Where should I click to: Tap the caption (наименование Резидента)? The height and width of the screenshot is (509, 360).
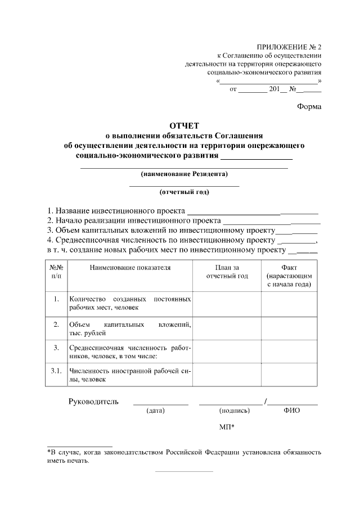tap(184, 174)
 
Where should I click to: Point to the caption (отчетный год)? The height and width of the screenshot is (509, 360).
tap(184, 192)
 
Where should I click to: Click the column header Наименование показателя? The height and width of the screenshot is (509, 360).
tap(130, 268)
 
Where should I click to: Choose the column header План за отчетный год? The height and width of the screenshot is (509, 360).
tap(227, 272)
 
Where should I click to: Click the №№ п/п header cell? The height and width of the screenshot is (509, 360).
tap(56, 272)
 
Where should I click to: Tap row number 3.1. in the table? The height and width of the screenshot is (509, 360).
tap(56, 371)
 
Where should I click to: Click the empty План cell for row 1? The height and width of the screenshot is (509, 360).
tap(227, 303)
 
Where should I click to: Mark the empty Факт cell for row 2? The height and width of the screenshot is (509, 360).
tap(289, 328)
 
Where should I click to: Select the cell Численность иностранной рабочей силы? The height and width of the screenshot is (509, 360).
tap(130, 375)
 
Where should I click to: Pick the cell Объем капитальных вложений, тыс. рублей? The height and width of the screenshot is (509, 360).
tap(130, 328)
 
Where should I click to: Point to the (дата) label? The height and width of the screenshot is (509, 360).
tap(155, 411)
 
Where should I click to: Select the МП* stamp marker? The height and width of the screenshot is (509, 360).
tap(227, 427)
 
